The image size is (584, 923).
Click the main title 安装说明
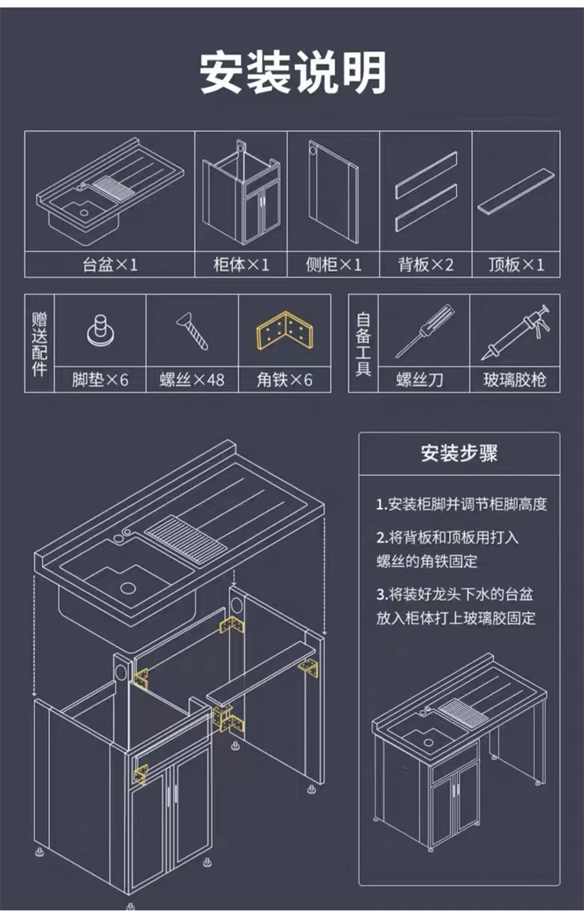coord(293,72)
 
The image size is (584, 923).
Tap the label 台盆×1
coord(110,265)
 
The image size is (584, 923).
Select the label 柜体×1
coord(241,265)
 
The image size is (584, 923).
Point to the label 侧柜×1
coord(333,265)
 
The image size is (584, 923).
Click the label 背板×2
coord(426,265)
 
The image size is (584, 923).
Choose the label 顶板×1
coord(517,265)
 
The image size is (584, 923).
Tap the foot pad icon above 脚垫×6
coord(101,330)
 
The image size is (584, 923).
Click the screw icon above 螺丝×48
coord(192,331)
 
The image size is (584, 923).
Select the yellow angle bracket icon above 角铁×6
coord(285,330)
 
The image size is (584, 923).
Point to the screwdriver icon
coord(425,331)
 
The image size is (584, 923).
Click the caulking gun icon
coord(516,332)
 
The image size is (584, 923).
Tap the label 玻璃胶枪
coord(515,380)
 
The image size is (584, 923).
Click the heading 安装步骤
coord(459,453)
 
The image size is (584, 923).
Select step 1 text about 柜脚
coord(461,504)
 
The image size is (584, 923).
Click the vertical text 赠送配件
coord(40,344)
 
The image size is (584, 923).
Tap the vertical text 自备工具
coord(363,344)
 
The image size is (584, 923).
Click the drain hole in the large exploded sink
coord(128,588)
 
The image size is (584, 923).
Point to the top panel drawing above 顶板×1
coord(516,191)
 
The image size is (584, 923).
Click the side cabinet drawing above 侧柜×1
coord(333,191)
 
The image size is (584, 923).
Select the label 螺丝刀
coord(420,380)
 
